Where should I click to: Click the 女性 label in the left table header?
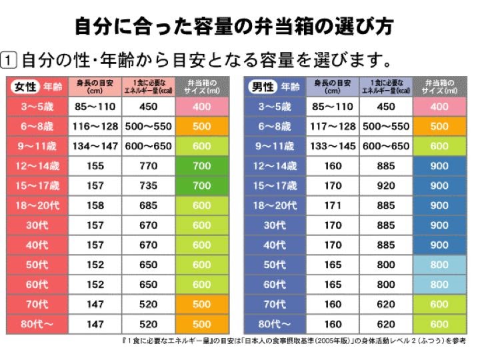tap(25, 87)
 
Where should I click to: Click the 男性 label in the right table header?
tap(261, 87)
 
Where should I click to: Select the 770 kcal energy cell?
tap(148, 166)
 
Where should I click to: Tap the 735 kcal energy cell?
tap(148, 185)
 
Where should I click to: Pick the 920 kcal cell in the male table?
tap(386, 185)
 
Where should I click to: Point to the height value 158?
tap(95, 205)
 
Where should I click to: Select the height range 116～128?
tap(95, 126)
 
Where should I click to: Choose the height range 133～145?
tap(334, 146)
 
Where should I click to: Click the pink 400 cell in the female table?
tap(201, 107)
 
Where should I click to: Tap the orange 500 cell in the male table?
tap(439, 126)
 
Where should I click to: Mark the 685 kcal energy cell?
tap(148, 205)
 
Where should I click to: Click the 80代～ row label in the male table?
tap(275, 325)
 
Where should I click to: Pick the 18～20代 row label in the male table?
tap(275, 205)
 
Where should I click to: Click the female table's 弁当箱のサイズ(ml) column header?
tap(201, 87)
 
